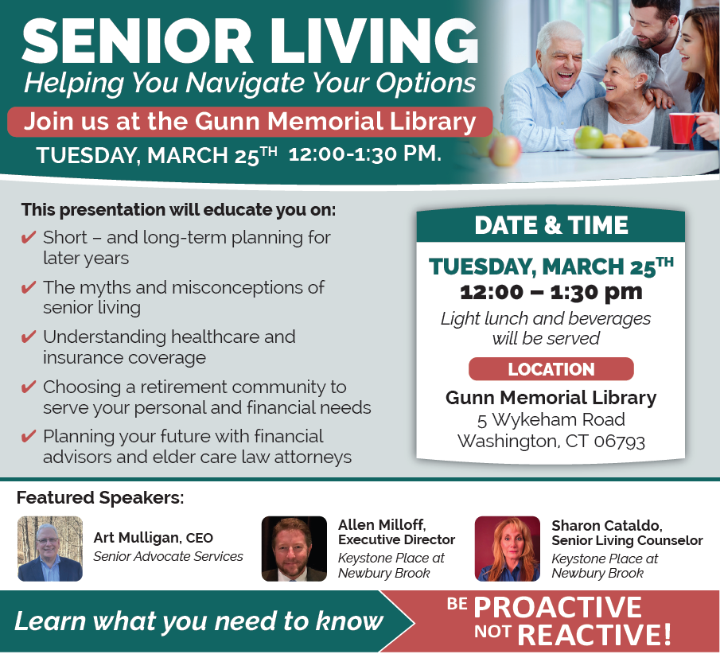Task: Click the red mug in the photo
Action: tap(683, 128)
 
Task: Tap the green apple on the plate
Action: tap(589, 137)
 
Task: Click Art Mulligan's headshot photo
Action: tap(50, 548)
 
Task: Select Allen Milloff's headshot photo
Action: tap(294, 548)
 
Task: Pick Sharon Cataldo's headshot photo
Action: tap(508, 548)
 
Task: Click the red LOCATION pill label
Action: tap(551, 369)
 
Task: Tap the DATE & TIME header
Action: tap(551, 225)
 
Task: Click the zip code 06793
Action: tap(620, 442)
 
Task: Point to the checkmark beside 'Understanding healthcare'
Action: tap(29, 337)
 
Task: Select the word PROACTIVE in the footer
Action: tap(558, 607)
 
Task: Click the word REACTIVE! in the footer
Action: tap(594, 635)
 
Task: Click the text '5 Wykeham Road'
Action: tap(551, 420)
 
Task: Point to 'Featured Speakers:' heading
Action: tap(100, 497)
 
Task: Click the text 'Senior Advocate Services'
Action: tap(168, 556)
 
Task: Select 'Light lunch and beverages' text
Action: tap(546, 318)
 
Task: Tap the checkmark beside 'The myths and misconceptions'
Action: tap(29, 287)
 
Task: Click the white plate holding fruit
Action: tap(617, 151)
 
